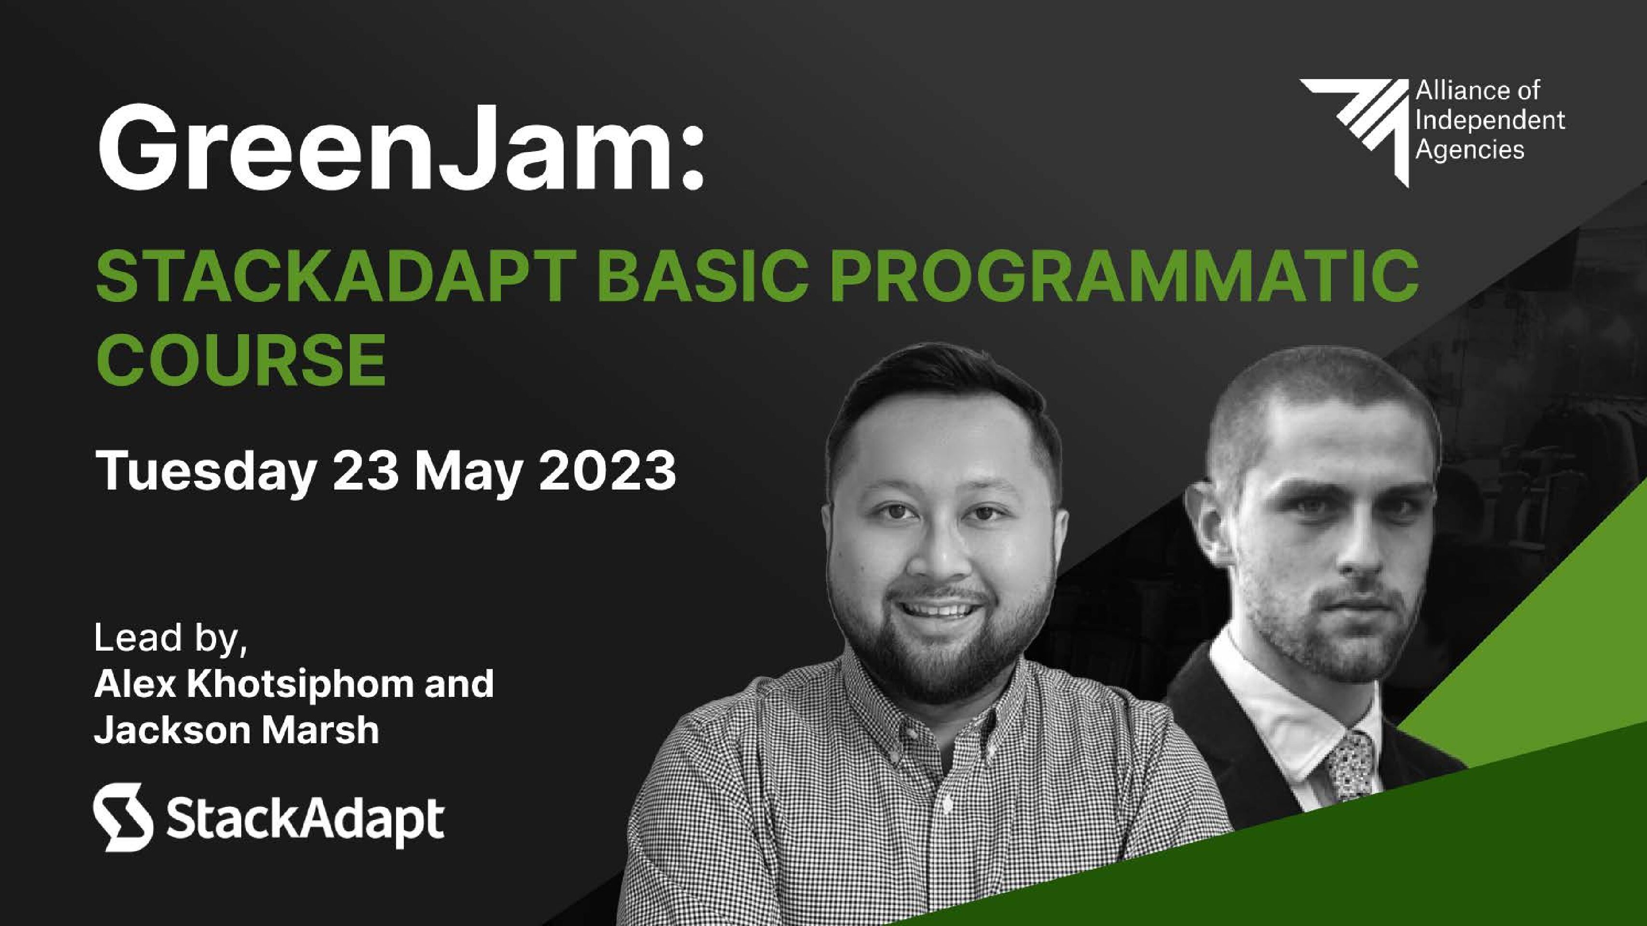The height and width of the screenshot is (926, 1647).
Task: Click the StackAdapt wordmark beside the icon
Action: (x=305, y=820)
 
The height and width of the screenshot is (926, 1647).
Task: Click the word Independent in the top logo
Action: (x=1490, y=120)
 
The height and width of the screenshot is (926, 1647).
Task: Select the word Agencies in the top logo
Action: (x=1470, y=150)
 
